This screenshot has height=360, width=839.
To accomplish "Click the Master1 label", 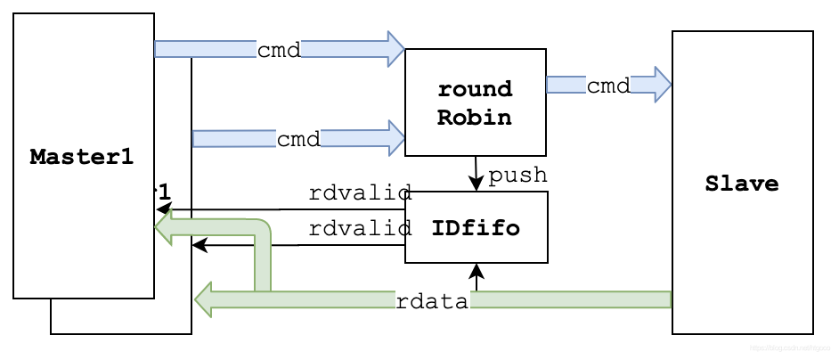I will click(x=82, y=157).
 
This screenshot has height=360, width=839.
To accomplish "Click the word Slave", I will click(x=742, y=184).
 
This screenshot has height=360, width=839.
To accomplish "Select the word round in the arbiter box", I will click(x=475, y=90).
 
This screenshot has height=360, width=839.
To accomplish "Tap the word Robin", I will click(x=475, y=117).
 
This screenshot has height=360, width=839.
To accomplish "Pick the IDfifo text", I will click(x=475, y=227).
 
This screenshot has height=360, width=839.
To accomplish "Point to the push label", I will click(x=517, y=175).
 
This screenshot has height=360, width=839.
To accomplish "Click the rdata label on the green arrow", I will click(x=432, y=301).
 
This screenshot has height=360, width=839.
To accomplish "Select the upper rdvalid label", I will click(x=360, y=192).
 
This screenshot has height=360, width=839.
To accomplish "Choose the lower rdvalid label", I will click(x=360, y=228).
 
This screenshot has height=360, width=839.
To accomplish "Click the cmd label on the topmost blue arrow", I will click(x=279, y=49).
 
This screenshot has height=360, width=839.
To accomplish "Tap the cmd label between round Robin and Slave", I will click(x=608, y=86).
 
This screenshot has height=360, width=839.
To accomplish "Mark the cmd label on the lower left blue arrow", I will click(x=298, y=139).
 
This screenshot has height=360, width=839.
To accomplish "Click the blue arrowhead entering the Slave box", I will click(x=662, y=85).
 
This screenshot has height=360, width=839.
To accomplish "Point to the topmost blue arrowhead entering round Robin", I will click(x=395, y=48).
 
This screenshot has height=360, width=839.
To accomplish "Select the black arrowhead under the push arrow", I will click(x=477, y=185).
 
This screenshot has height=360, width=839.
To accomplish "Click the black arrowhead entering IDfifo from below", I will click(x=477, y=269).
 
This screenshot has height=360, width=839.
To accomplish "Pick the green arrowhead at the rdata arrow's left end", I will click(x=204, y=299).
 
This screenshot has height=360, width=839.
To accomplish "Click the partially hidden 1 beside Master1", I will click(x=163, y=191).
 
